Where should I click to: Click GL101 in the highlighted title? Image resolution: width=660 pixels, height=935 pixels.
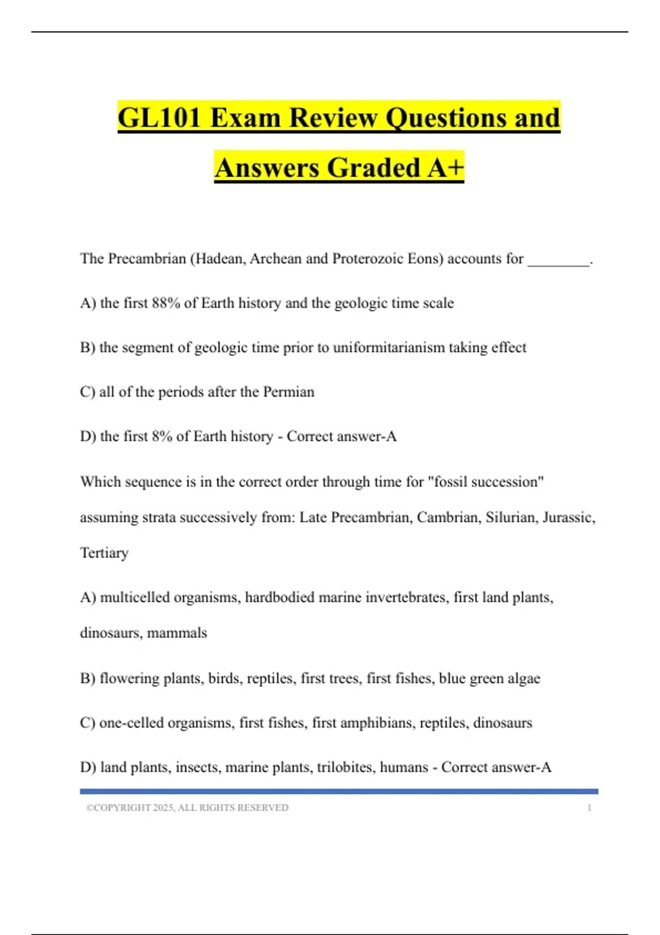[159, 118]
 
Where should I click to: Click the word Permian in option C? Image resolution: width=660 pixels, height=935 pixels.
[289, 392]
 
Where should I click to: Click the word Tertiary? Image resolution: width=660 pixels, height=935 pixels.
[105, 553]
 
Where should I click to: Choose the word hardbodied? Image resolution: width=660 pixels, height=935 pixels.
[280, 597]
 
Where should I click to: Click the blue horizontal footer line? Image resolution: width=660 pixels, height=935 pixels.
[339, 791]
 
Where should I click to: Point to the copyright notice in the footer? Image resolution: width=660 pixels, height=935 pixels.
[187, 808]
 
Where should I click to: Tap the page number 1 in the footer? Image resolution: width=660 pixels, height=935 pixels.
[589, 808]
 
